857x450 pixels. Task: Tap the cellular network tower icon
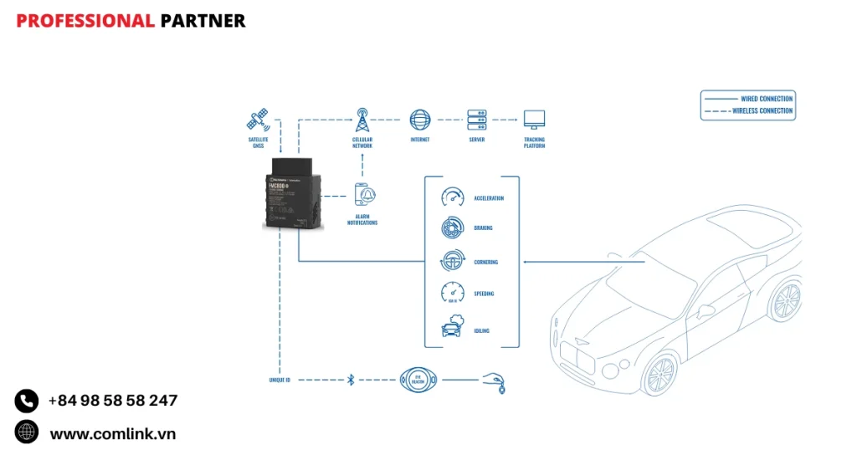pos(362,120)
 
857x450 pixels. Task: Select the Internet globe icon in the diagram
pos(419,119)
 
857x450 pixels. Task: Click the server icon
pos(477,119)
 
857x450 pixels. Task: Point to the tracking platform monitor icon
pos(534,120)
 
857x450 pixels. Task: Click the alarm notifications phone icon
pos(363,195)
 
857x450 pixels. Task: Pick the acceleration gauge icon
pos(452,197)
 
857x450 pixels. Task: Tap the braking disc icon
pos(452,228)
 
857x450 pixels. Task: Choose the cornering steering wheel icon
pos(452,261)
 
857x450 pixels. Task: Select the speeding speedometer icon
pos(452,293)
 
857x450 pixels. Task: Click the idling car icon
pos(452,329)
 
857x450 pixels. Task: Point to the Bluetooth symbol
pos(351,380)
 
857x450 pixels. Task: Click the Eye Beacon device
pos(418,380)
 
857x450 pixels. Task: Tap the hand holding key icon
pos(494,383)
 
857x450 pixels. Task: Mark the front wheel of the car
pos(660,373)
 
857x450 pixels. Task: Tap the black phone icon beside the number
pos(27,401)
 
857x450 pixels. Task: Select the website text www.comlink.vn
pos(112,433)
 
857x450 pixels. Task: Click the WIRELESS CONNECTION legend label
pos(762,110)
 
